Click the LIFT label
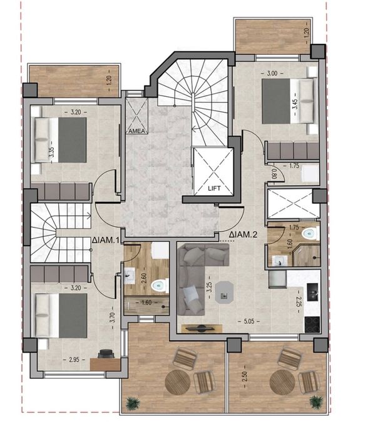(214, 188)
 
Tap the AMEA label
(137, 131)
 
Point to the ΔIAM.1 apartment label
(105, 240)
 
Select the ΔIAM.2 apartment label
(243, 234)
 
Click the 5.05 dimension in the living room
(248, 321)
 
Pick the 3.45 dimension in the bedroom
(295, 104)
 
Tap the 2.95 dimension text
(74, 359)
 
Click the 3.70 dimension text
(113, 317)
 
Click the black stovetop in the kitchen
(312, 324)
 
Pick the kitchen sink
(313, 292)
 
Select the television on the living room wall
(202, 328)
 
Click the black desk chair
(106, 353)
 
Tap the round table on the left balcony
(178, 382)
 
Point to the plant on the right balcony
(315, 401)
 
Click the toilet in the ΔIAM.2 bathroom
(310, 233)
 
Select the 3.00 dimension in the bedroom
(272, 73)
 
